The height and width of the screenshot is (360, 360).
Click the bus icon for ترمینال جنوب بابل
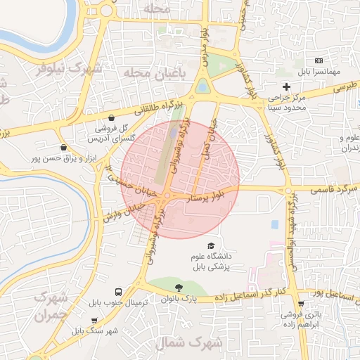tap(117, 292)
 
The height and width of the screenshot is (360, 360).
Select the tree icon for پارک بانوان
tap(179, 287)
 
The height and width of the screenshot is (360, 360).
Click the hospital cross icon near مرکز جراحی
tap(286, 86)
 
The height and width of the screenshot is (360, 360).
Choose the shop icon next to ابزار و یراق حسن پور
tap(65, 148)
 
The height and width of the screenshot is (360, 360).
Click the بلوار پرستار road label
tap(203, 196)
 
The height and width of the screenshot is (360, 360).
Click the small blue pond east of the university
tap(274, 224)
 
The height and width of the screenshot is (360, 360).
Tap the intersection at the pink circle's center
tap(169, 195)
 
